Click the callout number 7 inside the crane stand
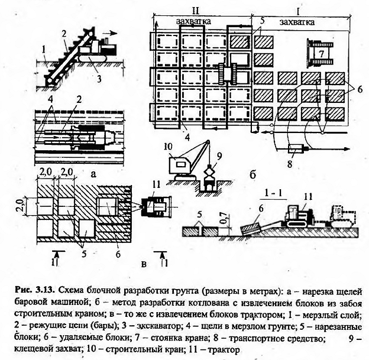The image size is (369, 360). [321, 53]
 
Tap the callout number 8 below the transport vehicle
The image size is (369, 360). [290, 163]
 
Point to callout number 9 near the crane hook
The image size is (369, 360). [219, 157]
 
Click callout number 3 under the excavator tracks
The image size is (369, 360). [99, 79]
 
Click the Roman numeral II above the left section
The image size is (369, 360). [196, 11]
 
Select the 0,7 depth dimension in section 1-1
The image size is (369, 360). [225, 218]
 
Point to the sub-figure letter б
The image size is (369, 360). [253, 176]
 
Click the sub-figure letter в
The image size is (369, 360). [144, 264]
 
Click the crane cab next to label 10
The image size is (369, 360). [180, 165]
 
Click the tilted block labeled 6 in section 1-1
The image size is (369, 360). [250, 228]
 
